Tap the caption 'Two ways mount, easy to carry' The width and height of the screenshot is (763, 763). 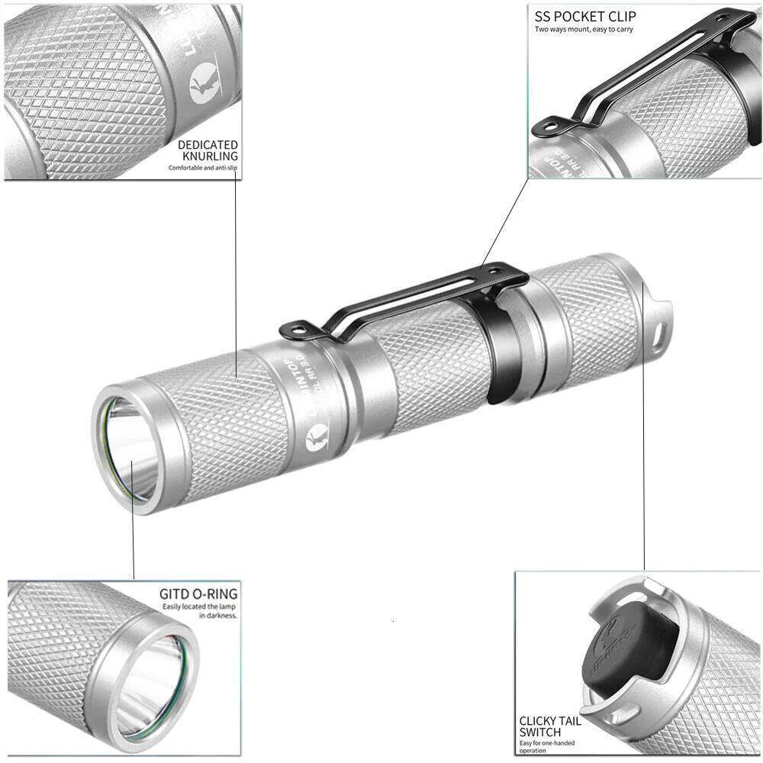584,29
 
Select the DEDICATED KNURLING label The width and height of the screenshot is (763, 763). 208,150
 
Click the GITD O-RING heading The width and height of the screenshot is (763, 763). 198,594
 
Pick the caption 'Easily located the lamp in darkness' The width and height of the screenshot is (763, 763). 200,610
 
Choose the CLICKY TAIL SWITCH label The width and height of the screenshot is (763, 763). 550,726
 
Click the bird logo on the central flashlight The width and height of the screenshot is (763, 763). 314,440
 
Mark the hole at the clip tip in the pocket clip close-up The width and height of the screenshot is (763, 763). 550,126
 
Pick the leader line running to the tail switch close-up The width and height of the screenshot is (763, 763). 644,427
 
